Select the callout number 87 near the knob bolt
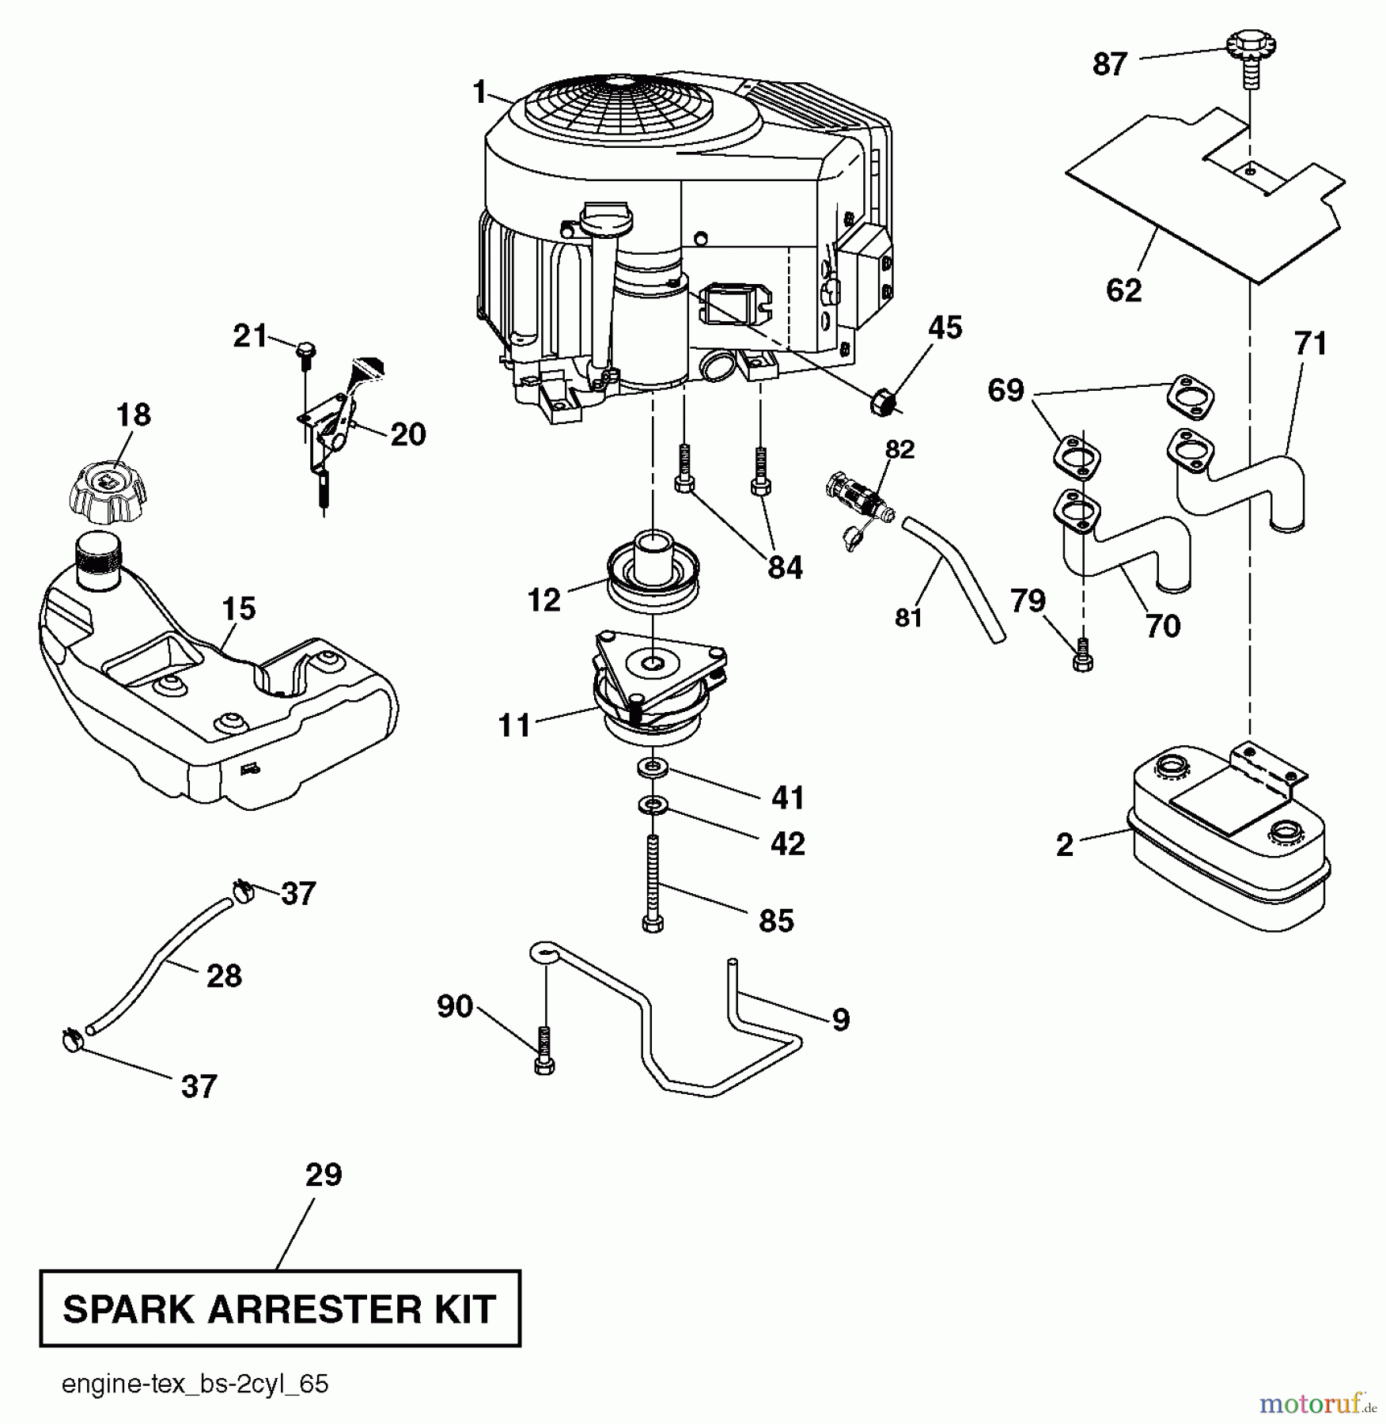click(1109, 64)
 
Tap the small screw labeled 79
click(1082, 656)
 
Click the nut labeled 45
click(883, 403)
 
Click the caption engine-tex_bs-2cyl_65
click(195, 1384)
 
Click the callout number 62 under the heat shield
click(1123, 290)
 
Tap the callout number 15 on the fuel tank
click(238, 609)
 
